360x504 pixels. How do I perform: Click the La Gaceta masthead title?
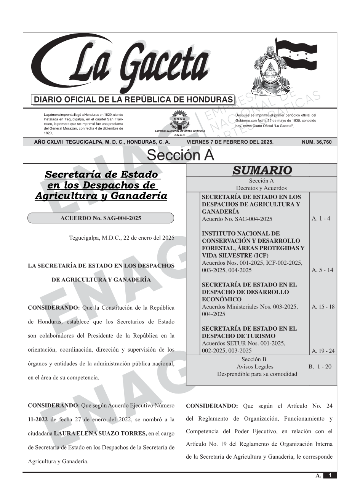(126, 65)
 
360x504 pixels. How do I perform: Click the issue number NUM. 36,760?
(317, 142)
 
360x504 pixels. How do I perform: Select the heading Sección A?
(180, 155)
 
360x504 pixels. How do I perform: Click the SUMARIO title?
(262, 170)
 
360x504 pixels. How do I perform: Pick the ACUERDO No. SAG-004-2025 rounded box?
(101, 218)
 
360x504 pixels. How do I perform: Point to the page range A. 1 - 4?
(321, 219)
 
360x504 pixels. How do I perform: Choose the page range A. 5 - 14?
(322, 270)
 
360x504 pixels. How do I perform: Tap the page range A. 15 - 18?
(323, 307)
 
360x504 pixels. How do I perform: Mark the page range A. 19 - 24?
(323, 351)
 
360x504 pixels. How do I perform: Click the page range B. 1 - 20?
(320, 366)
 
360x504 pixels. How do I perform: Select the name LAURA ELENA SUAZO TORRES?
(100, 433)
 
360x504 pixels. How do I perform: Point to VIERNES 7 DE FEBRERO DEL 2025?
(230, 142)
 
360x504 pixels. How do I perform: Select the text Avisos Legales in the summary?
(255, 366)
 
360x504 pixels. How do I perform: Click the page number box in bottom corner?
(330, 475)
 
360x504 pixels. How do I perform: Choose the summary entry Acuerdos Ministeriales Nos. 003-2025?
(250, 307)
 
